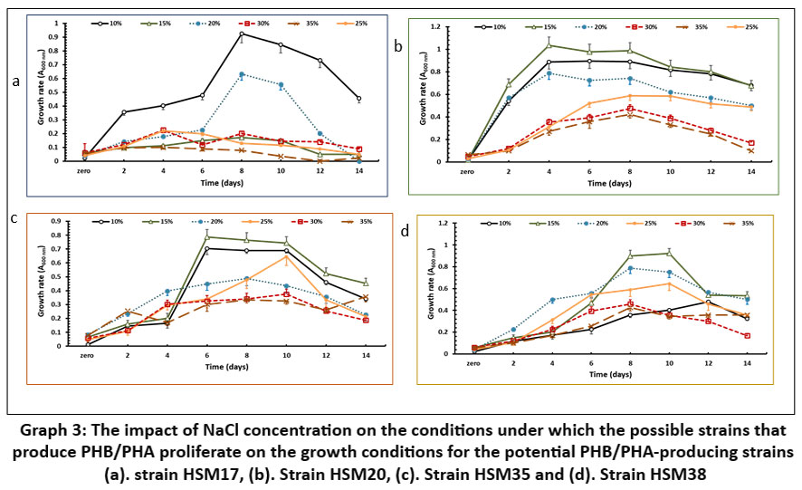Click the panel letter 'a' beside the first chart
pyautogui.click(x=15, y=82)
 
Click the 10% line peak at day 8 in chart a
pyautogui.click(x=242, y=34)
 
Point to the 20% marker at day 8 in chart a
pyautogui.click(x=242, y=74)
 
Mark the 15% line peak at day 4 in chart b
pyautogui.click(x=548, y=45)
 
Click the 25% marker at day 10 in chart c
pyautogui.click(x=286, y=256)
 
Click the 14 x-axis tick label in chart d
pyautogui.click(x=747, y=361)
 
